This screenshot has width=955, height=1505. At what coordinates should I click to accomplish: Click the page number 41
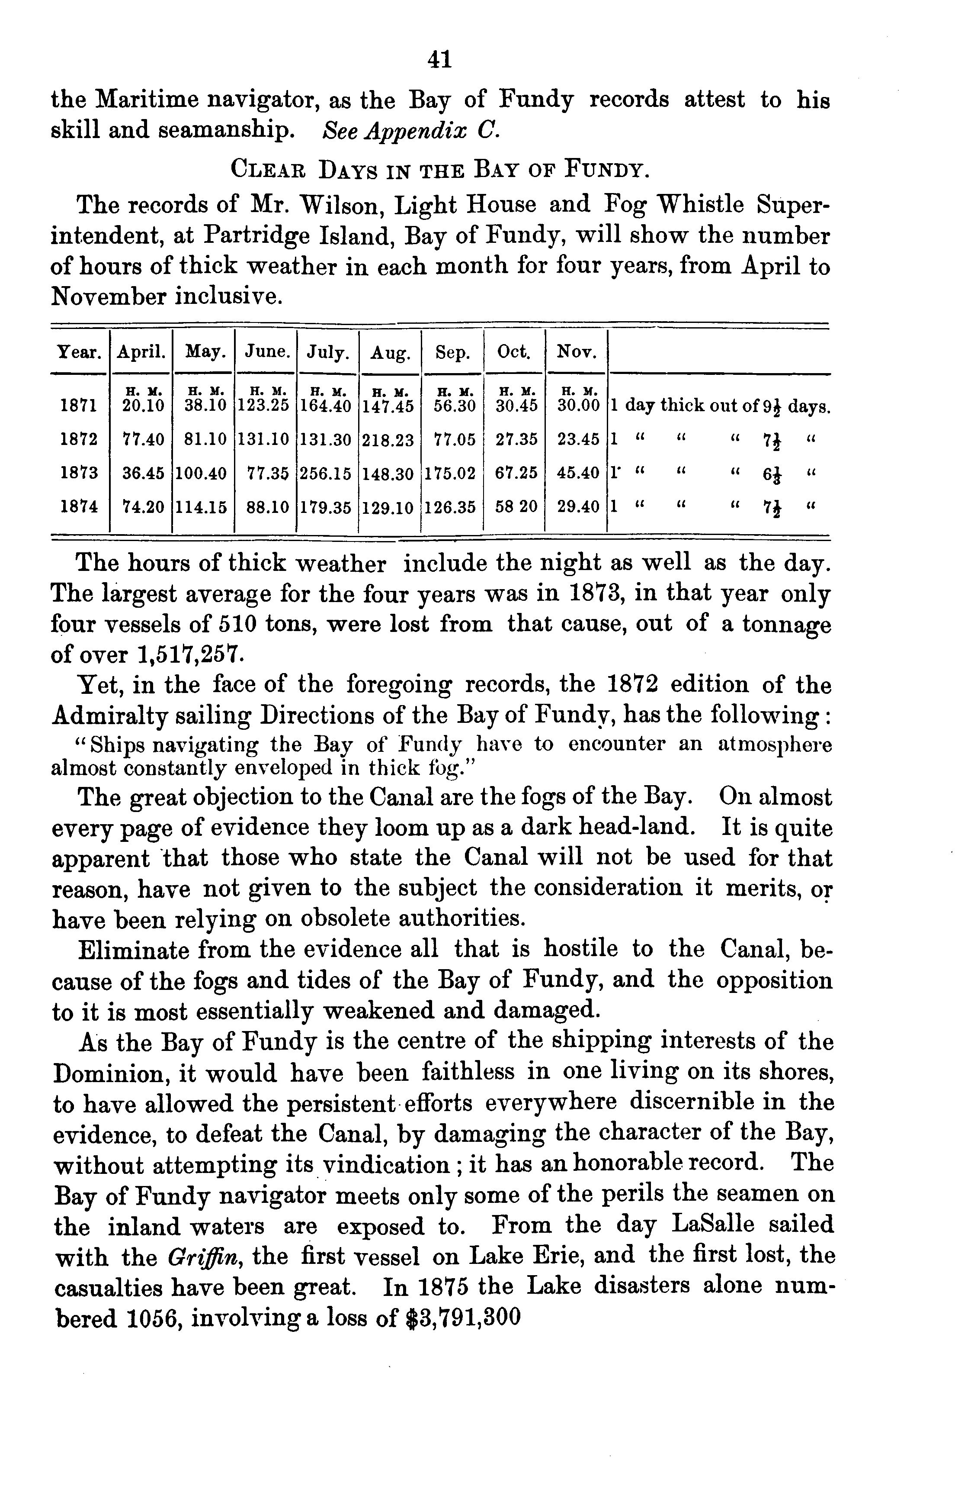(439, 59)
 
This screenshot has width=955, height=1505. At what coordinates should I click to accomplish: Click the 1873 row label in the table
(79, 473)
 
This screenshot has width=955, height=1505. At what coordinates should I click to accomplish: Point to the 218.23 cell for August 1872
(388, 441)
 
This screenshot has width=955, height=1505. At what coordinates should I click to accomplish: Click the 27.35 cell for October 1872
(516, 440)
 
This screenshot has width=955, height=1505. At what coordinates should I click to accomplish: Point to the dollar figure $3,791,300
(463, 1318)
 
